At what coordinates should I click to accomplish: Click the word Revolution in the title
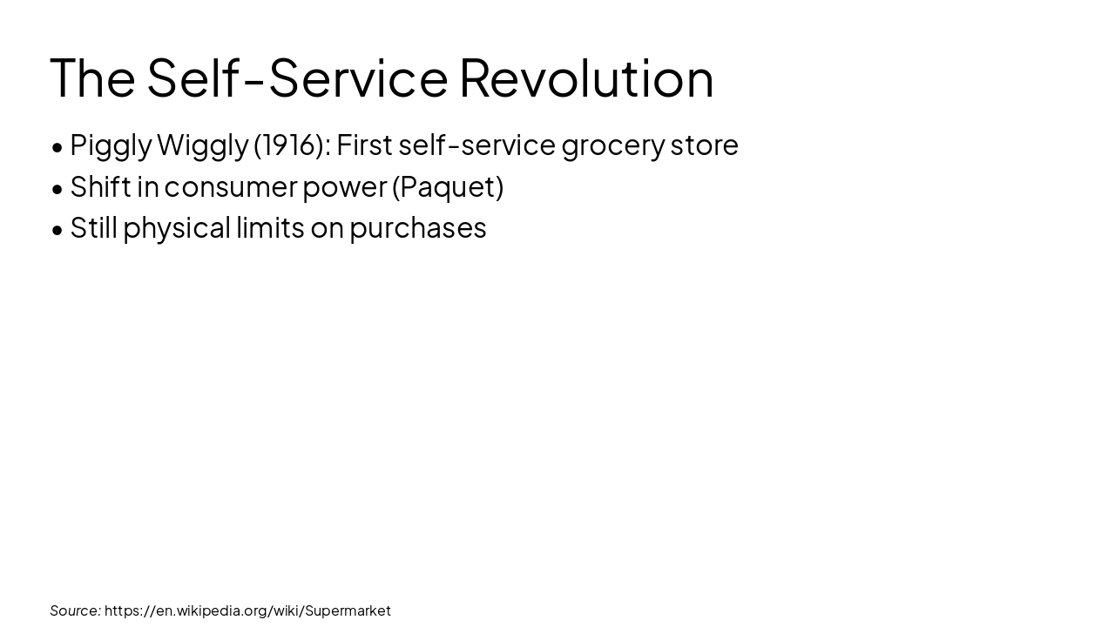point(586,78)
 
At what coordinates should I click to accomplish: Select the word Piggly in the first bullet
point(111,145)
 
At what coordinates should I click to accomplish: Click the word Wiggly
point(202,145)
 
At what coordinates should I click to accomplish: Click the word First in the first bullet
point(364,145)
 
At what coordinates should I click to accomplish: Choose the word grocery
point(612,145)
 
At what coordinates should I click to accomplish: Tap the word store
point(704,145)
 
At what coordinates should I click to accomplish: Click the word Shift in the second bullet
point(100,186)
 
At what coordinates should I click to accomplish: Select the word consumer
point(230,186)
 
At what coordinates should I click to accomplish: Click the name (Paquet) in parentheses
point(448,186)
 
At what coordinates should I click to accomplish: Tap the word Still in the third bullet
point(93,227)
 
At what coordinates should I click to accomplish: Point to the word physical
point(177,228)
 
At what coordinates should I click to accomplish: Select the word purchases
point(418,228)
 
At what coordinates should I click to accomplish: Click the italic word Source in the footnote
point(75,610)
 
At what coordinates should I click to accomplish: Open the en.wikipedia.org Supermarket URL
point(247,610)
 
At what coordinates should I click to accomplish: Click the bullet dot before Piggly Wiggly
point(57,147)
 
